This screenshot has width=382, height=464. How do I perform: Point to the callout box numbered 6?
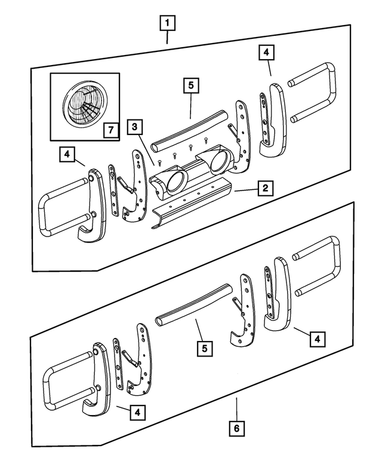pyautogui.click(x=236, y=428)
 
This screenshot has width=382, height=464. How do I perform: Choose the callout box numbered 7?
pyautogui.click(x=109, y=128)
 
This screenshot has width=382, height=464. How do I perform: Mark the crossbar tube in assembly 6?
pyautogui.click(x=194, y=305)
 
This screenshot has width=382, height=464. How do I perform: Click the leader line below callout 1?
pyautogui.click(x=167, y=37)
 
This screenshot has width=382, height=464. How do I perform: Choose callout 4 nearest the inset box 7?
pyautogui.click(x=67, y=155)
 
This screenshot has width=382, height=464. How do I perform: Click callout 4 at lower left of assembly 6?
pyautogui.click(x=137, y=411)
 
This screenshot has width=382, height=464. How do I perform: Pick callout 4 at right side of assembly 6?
pyautogui.click(x=317, y=339)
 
